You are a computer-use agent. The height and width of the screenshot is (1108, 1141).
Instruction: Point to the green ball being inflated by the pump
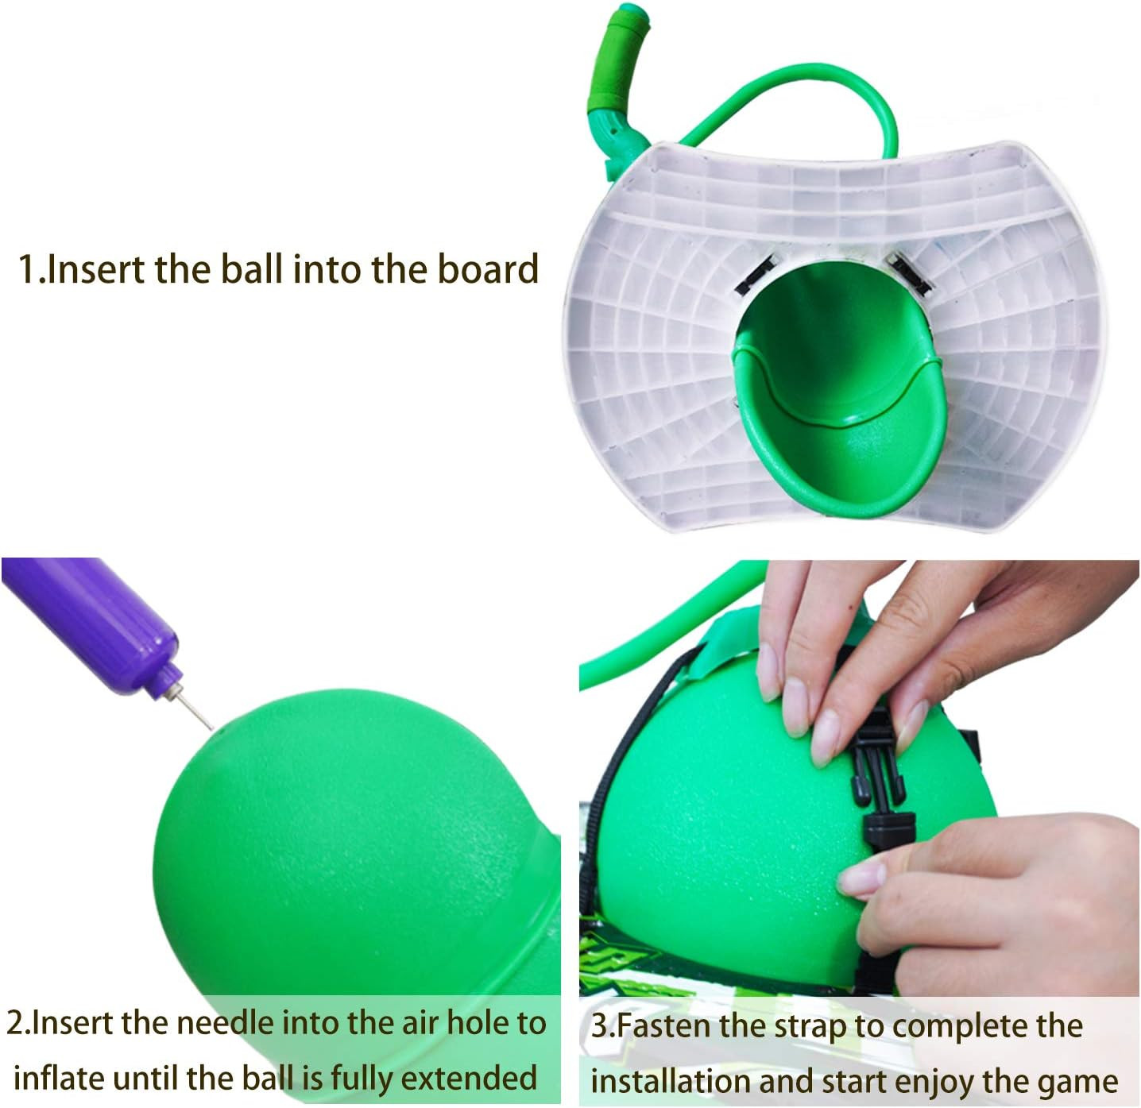click(x=350, y=842)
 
